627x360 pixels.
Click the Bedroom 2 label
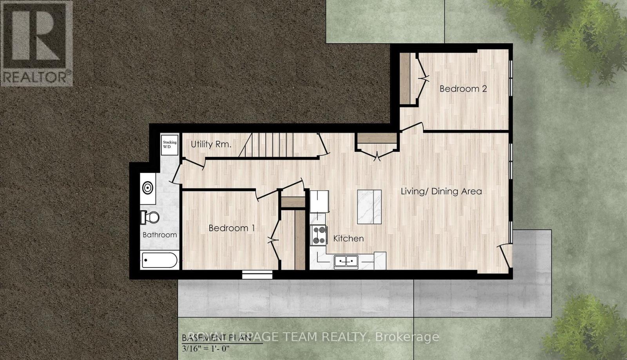pyautogui.click(x=463, y=89)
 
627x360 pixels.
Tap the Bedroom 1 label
pyautogui.click(x=232, y=228)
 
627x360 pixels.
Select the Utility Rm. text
pyautogui.click(x=211, y=144)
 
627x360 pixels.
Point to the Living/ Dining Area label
pyautogui.click(x=441, y=191)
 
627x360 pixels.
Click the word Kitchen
pyautogui.click(x=348, y=238)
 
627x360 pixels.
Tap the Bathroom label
pyautogui.click(x=159, y=235)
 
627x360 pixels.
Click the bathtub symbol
pyautogui.click(x=159, y=260)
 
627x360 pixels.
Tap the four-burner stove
pyautogui.click(x=319, y=235)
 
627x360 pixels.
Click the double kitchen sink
pyautogui.click(x=346, y=261)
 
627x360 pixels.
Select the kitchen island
pyautogui.click(x=369, y=207)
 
